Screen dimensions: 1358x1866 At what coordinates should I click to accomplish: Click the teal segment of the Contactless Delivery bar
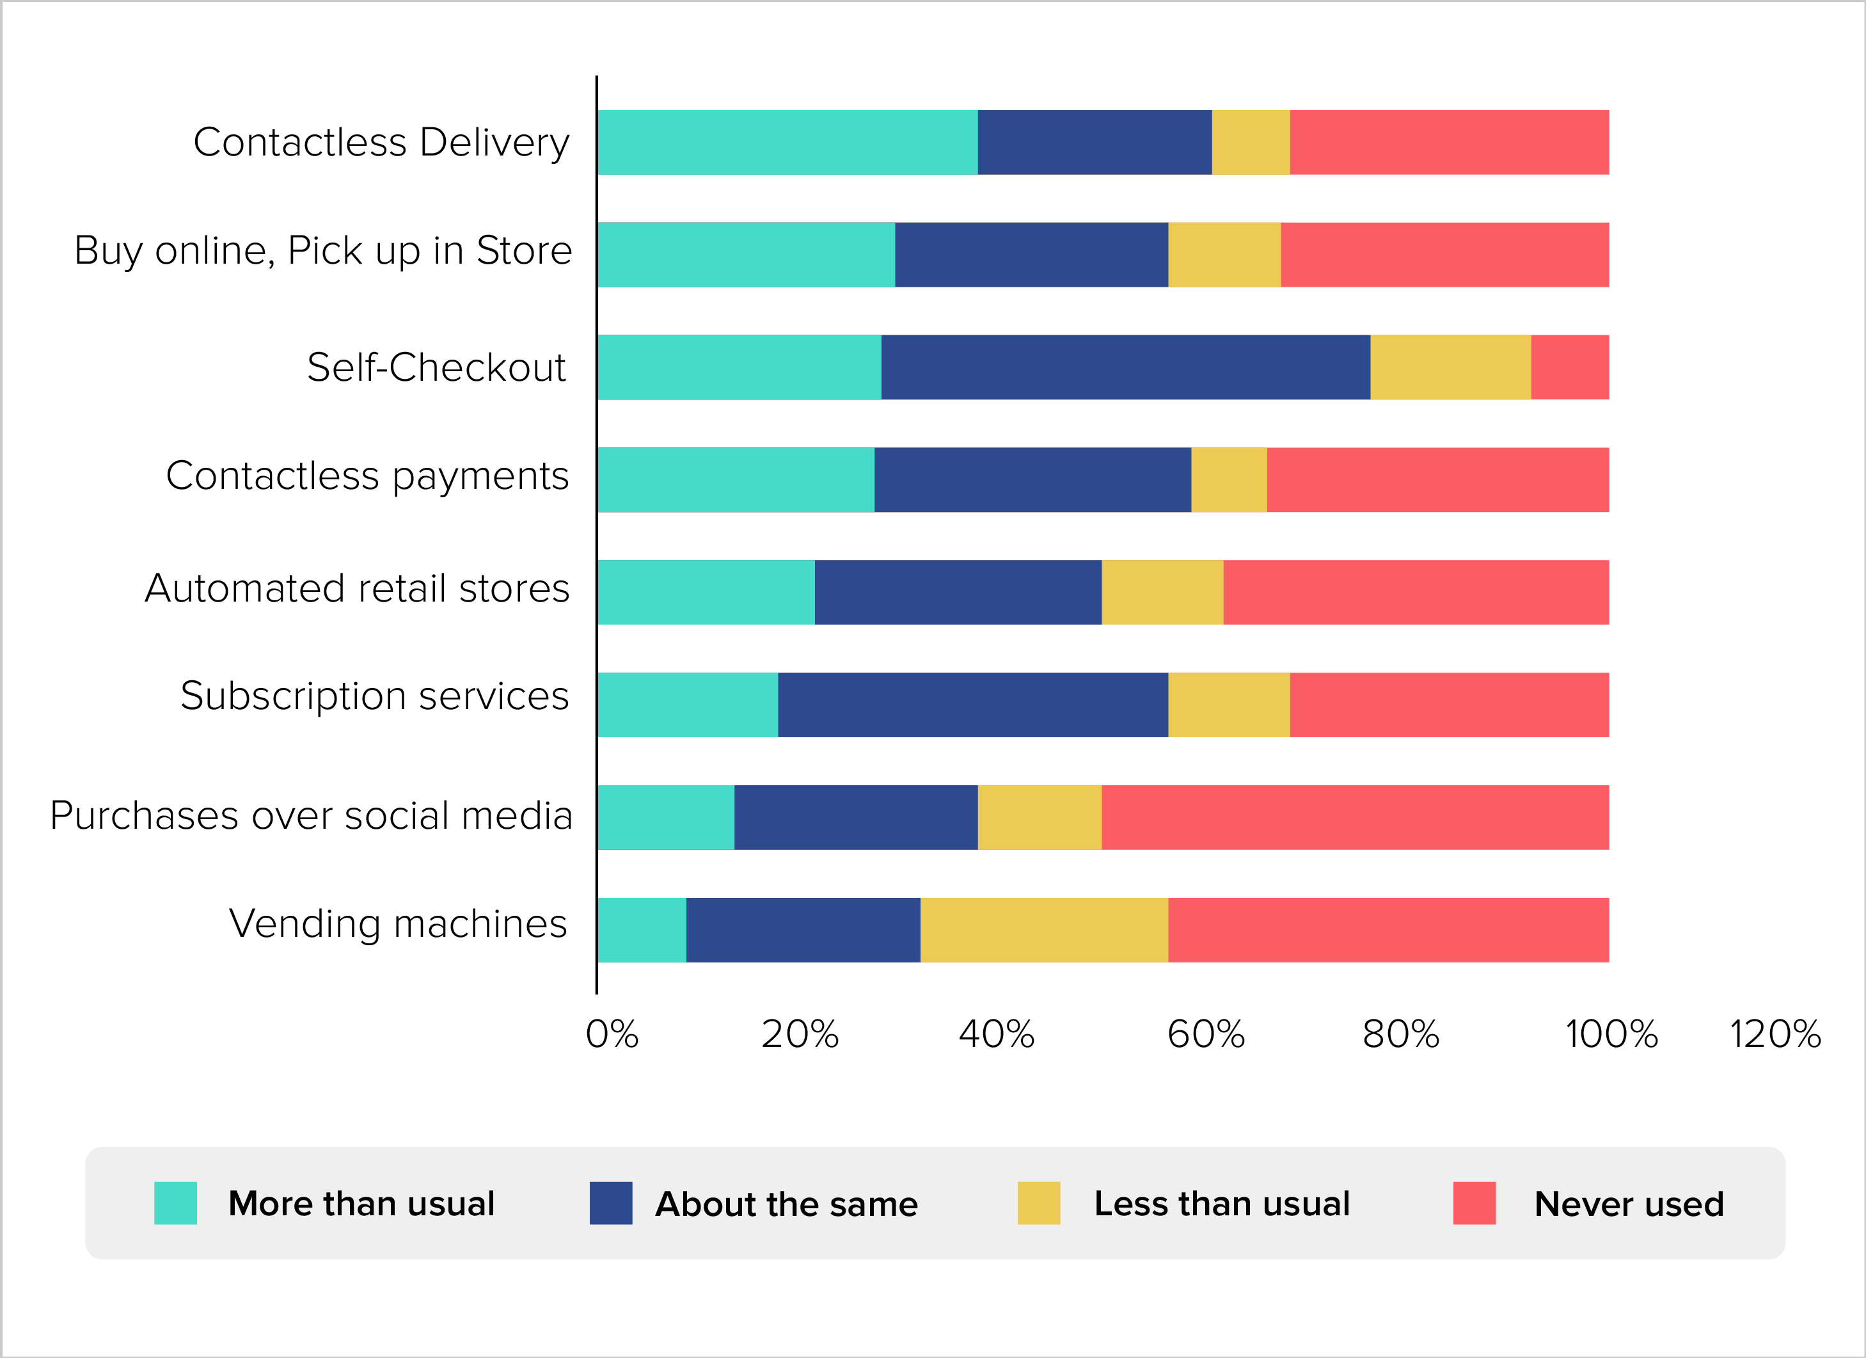787,142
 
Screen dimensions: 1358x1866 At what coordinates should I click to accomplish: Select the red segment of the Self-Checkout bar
1569,367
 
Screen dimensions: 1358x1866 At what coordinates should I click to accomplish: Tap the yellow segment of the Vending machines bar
1043,930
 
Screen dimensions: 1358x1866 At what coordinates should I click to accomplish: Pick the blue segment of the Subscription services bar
972,705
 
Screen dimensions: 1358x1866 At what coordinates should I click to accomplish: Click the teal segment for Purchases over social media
665,817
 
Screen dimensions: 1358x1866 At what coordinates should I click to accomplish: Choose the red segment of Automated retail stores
1415,593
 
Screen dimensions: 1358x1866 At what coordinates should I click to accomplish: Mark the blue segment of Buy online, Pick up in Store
1031,254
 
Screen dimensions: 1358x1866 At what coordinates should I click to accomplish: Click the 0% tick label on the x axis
612,1035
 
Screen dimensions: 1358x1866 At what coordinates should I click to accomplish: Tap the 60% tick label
1206,1035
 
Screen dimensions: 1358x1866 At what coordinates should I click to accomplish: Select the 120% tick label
1776,1035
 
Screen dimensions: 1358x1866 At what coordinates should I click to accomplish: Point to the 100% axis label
1611,1035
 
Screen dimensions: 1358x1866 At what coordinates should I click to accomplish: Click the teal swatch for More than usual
175,1202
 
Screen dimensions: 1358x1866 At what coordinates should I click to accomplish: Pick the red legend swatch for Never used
1474,1202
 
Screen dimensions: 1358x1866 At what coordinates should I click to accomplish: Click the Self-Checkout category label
436,367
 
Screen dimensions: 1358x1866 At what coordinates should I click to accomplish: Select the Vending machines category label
398,923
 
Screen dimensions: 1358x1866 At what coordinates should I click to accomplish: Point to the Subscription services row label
374,696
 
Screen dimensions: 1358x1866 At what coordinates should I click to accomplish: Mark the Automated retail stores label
357,589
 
